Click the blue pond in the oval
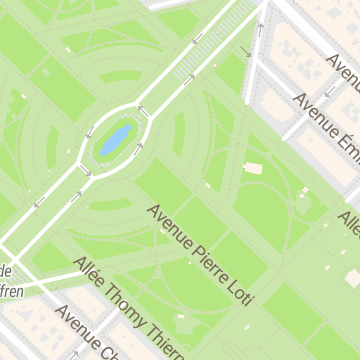tap(115, 140)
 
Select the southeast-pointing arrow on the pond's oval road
tap(85, 170)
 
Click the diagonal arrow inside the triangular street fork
tap(245, 51)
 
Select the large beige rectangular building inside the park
tap(252, 168)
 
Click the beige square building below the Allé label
tap(352, 278)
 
